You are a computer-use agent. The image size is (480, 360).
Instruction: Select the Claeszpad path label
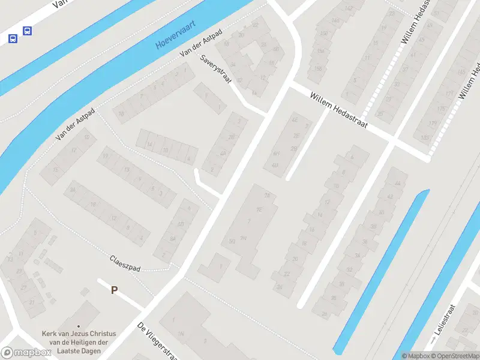pos(124,263)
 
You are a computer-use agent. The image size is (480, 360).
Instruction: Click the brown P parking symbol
pos(114,290)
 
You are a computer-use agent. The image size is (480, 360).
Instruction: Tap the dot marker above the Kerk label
pos(77,326)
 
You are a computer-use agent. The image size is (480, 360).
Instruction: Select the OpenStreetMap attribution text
pos(455,356)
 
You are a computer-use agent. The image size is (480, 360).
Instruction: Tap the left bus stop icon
pos(13,38)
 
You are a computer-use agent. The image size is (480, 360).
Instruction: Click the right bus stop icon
pos(26,31)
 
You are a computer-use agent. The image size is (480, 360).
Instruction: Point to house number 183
pos(425,138)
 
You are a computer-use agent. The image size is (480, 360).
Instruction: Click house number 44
pos(397,184)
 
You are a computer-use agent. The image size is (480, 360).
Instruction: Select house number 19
pos(106,157)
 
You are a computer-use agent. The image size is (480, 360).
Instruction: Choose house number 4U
pos(275,165)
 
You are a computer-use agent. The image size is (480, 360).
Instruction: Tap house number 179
pos(433,124)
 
